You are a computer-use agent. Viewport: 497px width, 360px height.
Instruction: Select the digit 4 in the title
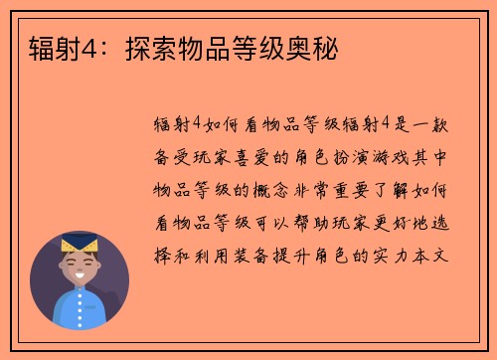(x=79, y=47)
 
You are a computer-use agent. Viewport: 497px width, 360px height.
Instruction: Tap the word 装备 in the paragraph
(x=257, y=255)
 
